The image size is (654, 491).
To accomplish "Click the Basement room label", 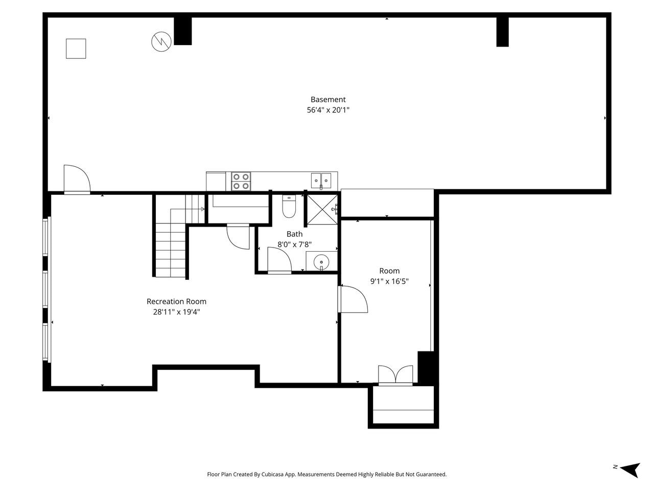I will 328,100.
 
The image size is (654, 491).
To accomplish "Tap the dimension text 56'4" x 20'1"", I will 328,110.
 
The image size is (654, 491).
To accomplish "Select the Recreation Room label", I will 176,302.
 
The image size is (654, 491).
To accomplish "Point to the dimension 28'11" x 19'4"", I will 176,312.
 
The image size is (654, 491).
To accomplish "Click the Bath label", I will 294,234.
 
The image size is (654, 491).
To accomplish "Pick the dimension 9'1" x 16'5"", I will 389,281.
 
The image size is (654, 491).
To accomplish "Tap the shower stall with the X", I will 321,210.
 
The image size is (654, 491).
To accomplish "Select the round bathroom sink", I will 321,261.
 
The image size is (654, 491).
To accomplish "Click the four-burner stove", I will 241,182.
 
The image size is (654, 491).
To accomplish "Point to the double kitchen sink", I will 321,180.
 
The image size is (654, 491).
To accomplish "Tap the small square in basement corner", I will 76,49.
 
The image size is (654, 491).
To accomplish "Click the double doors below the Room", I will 395,374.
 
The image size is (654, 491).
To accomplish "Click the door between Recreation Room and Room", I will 353,299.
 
